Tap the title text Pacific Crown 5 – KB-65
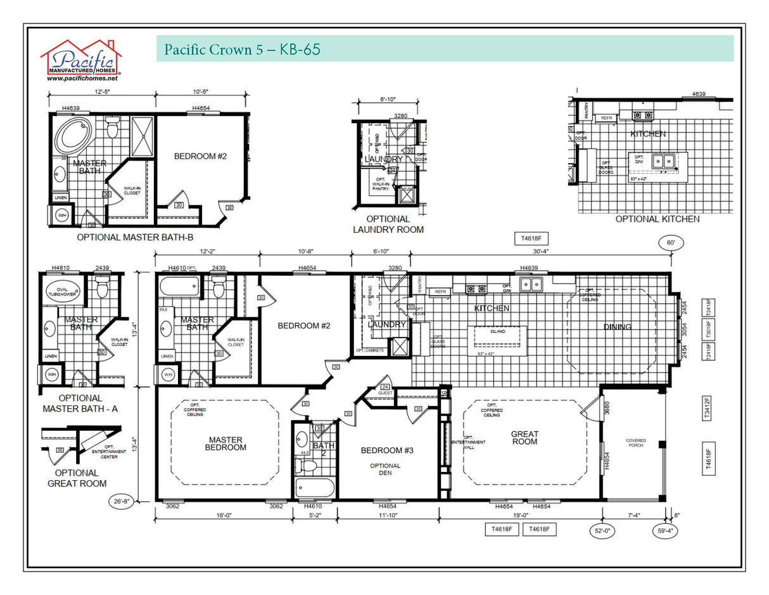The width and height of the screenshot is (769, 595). (242, 49)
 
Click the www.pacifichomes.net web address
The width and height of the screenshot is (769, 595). (82, 79)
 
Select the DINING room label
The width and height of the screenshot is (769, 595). (617, 327)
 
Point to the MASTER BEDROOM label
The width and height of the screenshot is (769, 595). (226, 443)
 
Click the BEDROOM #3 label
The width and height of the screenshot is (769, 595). (387, 450)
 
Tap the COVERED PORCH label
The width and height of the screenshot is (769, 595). (635, 443)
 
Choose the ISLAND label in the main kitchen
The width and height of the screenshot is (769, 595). (497, 330)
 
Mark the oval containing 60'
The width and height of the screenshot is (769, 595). (671, 243)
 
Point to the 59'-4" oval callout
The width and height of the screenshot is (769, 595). (664, 530)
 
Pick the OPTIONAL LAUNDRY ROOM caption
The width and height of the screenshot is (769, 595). (388, 225)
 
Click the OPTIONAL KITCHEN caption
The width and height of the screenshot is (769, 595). (658, 219)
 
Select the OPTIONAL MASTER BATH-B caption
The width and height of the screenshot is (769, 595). (135, 237)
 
